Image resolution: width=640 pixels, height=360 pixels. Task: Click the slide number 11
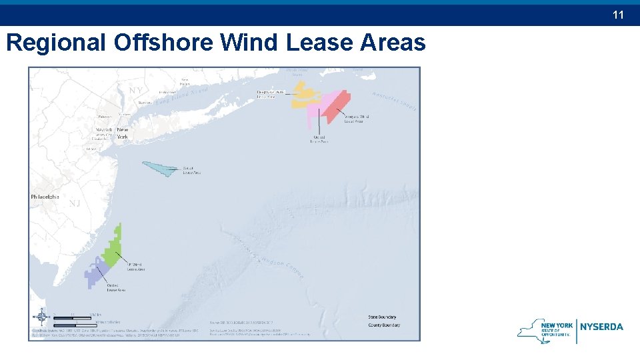click(618, 14)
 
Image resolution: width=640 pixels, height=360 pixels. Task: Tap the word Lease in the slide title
click(319, 43)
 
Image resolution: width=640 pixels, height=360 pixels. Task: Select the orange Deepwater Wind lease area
click(303, 97)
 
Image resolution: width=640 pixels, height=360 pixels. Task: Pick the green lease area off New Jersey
click(113, 250)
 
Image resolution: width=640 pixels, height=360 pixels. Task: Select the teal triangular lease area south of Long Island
click(160, 168)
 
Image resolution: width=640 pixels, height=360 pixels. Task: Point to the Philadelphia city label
click(45, 197)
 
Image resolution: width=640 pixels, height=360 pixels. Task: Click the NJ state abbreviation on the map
click(75, 203)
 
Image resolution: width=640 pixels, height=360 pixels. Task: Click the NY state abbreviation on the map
click(136, 90)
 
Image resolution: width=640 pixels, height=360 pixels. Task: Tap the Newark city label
click(104, 129)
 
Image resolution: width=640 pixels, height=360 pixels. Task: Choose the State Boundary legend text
click(383, 317)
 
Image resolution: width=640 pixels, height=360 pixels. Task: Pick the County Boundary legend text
click(384, 325)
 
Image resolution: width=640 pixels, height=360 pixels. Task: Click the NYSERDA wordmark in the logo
click(602, 327)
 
